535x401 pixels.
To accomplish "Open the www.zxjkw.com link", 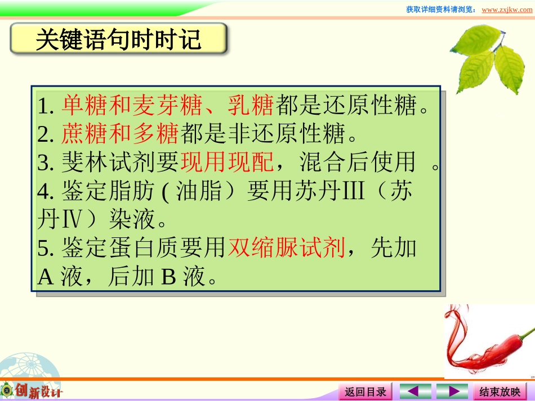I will coord(507,10).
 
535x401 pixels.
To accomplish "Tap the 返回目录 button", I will coord(365,391).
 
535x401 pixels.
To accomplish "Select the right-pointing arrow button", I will coord(452,391).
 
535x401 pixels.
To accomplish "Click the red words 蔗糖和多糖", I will coord(120,134).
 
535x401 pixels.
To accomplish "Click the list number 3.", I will coord(44,163).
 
